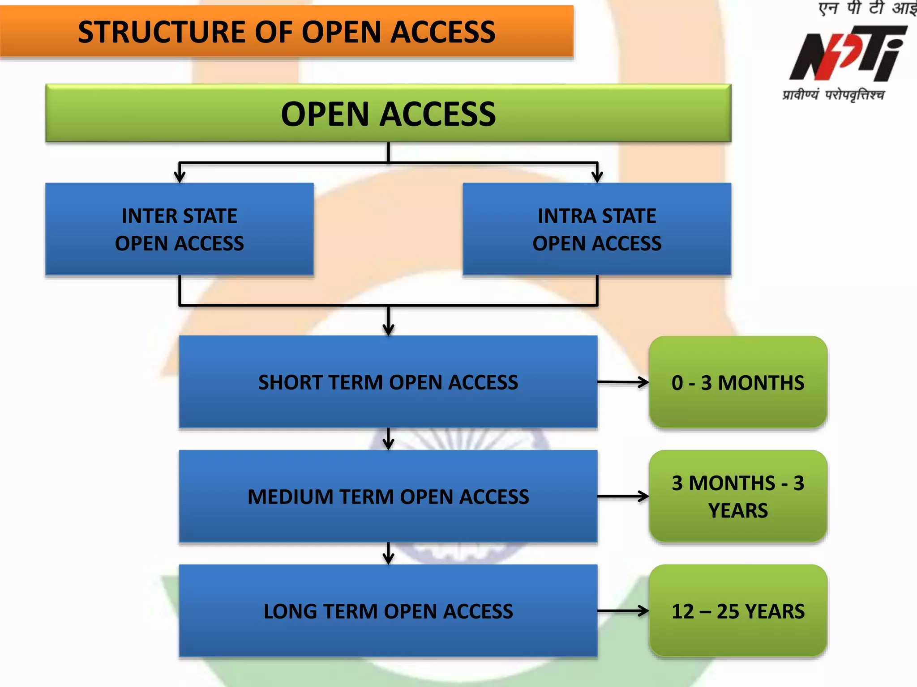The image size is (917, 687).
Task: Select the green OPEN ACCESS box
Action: [388, 114]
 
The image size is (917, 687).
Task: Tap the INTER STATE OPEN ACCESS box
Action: [179, 229]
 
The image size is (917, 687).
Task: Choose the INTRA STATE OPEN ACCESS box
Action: [597, 229]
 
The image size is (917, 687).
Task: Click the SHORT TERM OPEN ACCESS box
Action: [388, 382]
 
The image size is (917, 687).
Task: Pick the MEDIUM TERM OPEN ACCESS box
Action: [388, 496]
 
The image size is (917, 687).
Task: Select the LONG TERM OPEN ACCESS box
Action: [388, 611]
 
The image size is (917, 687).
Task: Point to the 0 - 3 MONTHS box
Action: [738, 382]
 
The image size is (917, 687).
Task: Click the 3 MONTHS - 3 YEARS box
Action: [738, 496]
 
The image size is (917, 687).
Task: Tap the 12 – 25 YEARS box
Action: [738, 611]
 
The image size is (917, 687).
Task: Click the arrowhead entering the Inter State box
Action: [180, 177]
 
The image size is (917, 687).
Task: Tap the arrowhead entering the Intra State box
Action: [597, 177]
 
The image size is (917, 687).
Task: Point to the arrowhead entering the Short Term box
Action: [388, 329]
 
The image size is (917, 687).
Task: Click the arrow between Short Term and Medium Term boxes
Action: [388, 439]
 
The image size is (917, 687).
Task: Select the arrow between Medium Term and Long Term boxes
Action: [388, 554]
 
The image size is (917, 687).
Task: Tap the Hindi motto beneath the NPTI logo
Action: [833, 95]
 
